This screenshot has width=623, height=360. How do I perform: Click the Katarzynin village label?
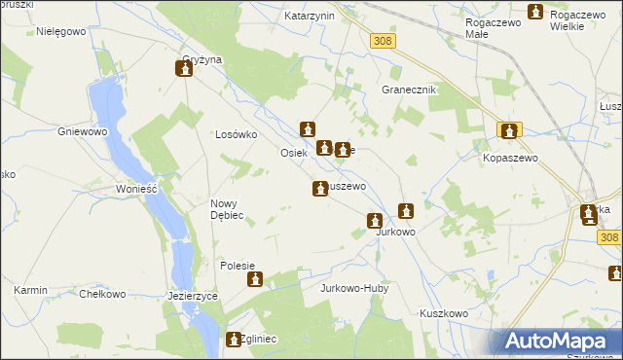(310, 17)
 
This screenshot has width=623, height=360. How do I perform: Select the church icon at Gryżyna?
(183, 69)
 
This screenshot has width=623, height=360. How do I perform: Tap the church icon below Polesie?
(255, 280)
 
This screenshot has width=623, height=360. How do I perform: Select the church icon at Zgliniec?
(235, 340)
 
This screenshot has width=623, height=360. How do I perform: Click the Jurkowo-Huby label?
(355, 289)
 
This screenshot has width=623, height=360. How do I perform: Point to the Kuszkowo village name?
(445, 313)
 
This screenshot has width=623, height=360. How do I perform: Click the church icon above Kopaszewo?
(509, 129)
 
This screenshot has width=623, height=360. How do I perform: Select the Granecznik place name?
(408, 89)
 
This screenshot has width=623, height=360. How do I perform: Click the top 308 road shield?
(383, 40)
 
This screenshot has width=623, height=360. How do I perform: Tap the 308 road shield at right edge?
(609, 237)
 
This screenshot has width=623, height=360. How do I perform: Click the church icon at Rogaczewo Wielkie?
(534, 12)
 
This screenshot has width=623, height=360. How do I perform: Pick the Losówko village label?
(235, 134)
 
